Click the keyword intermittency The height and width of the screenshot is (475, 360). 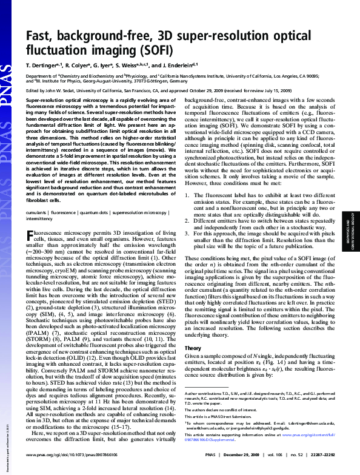[39, 220]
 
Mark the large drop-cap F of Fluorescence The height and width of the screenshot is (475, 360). [32, 236]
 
